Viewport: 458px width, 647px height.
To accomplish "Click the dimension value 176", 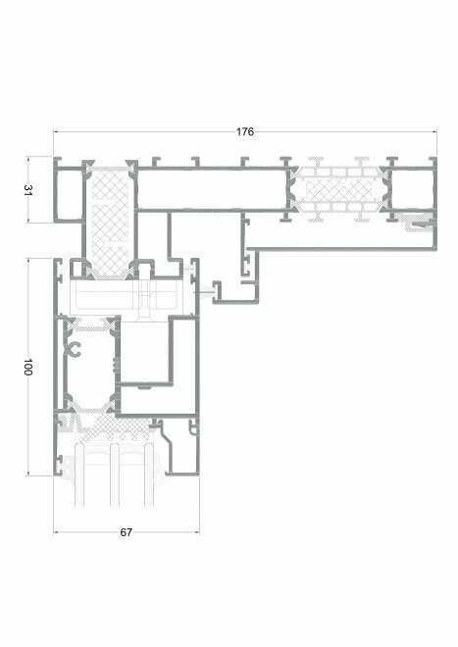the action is pos(245,131).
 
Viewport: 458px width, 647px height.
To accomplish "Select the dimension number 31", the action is pos(27,190).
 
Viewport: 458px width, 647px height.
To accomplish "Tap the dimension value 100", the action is pos(27,367).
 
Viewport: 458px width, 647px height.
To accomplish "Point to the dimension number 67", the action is pos(126,532).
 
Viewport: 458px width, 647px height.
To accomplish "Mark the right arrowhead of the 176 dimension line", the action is pos(433,132).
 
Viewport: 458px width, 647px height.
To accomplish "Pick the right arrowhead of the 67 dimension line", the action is pos(196,532).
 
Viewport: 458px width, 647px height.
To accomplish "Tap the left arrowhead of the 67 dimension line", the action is pos(57,532).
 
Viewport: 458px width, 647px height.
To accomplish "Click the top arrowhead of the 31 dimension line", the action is pos(28,160).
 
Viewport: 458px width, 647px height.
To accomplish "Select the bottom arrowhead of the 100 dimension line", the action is pos(28,473).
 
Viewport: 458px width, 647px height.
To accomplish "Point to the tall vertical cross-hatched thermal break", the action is pos(110,222).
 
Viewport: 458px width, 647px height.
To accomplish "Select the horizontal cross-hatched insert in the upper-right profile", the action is pos(338,190).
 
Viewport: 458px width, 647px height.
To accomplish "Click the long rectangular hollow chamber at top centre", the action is pos(212,189).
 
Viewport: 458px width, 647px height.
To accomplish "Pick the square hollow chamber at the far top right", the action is pos(411,190).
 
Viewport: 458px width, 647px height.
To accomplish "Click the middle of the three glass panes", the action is pos(115,474).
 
